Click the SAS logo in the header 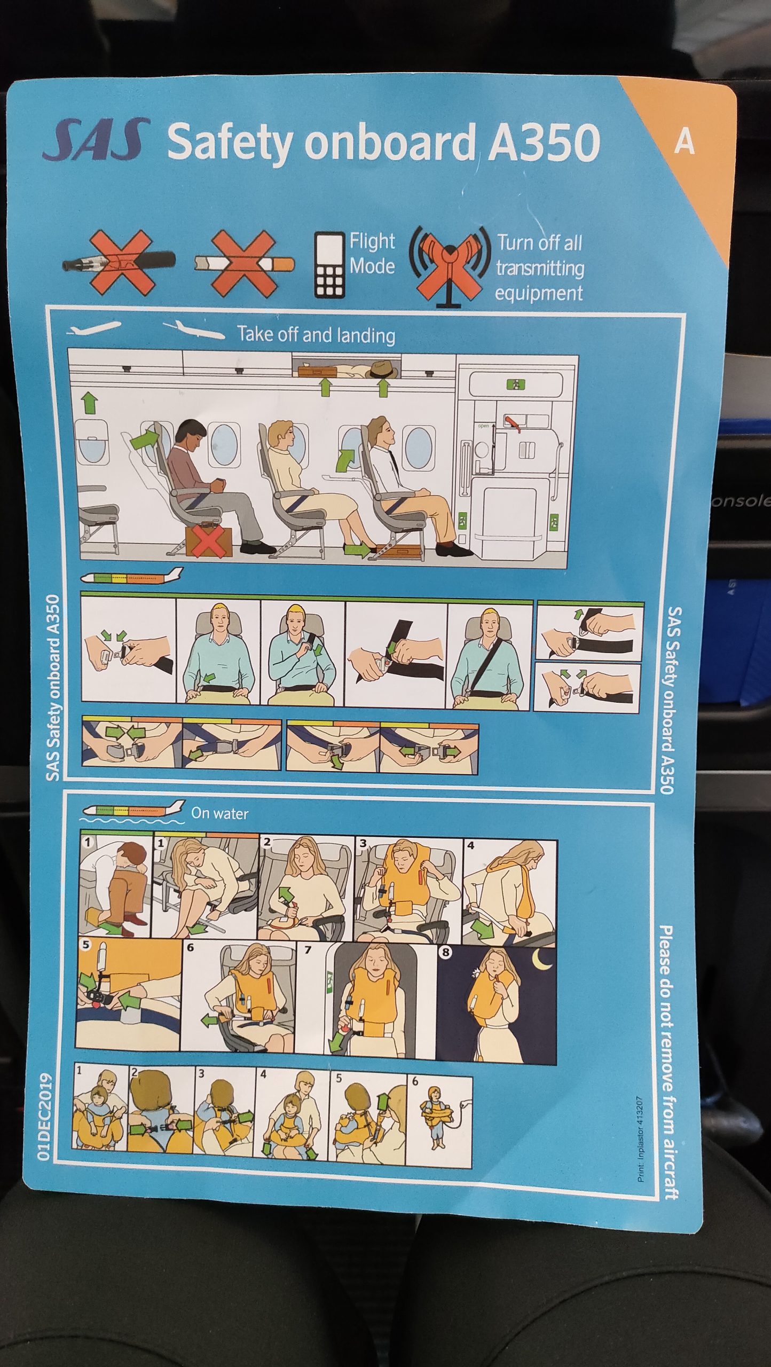96,140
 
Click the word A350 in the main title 545,143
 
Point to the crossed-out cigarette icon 244,263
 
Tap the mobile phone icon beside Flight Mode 328,264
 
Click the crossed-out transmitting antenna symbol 450,265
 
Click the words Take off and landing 317,335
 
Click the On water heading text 219,814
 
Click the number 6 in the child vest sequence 415,1082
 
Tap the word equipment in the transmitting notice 539,294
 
